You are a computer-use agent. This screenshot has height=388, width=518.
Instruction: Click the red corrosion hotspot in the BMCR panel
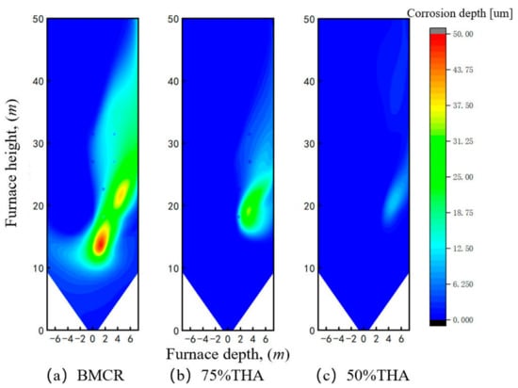(100, 243)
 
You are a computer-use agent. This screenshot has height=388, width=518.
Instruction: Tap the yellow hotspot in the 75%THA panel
(249, 210)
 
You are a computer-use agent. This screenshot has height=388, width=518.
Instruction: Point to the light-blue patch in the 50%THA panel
(395, 201)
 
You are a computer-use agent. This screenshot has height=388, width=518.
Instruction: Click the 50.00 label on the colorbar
(462, 34)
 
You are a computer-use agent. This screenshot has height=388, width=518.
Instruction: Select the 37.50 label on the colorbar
(462, 105)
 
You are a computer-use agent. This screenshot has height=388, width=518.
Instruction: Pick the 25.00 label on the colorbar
(462, 177)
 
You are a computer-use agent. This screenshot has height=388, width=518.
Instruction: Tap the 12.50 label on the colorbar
(462, 249)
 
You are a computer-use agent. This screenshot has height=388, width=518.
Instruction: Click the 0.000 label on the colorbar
(462, 319)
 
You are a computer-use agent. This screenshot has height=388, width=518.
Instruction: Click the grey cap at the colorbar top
(438, 31)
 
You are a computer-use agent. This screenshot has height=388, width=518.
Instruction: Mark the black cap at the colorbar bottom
(438, 323)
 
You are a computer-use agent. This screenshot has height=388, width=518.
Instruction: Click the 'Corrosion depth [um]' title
(460, 13)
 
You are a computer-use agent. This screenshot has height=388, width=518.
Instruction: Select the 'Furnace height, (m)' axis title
(12, 163)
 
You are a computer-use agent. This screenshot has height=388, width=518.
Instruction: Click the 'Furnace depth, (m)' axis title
(228, 354)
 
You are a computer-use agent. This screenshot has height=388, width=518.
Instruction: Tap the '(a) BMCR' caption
(86, 376)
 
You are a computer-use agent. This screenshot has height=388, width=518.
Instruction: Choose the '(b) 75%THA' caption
(217, 376)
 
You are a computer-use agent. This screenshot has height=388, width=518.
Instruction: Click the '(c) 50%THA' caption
(363, 376)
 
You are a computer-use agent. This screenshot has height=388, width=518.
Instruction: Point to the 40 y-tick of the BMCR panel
(39, 81)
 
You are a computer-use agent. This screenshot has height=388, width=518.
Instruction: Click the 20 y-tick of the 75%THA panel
(174, 206)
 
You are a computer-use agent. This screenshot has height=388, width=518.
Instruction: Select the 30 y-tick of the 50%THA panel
(309, 144)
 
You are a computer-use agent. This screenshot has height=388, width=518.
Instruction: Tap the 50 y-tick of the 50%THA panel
(309, 19)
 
